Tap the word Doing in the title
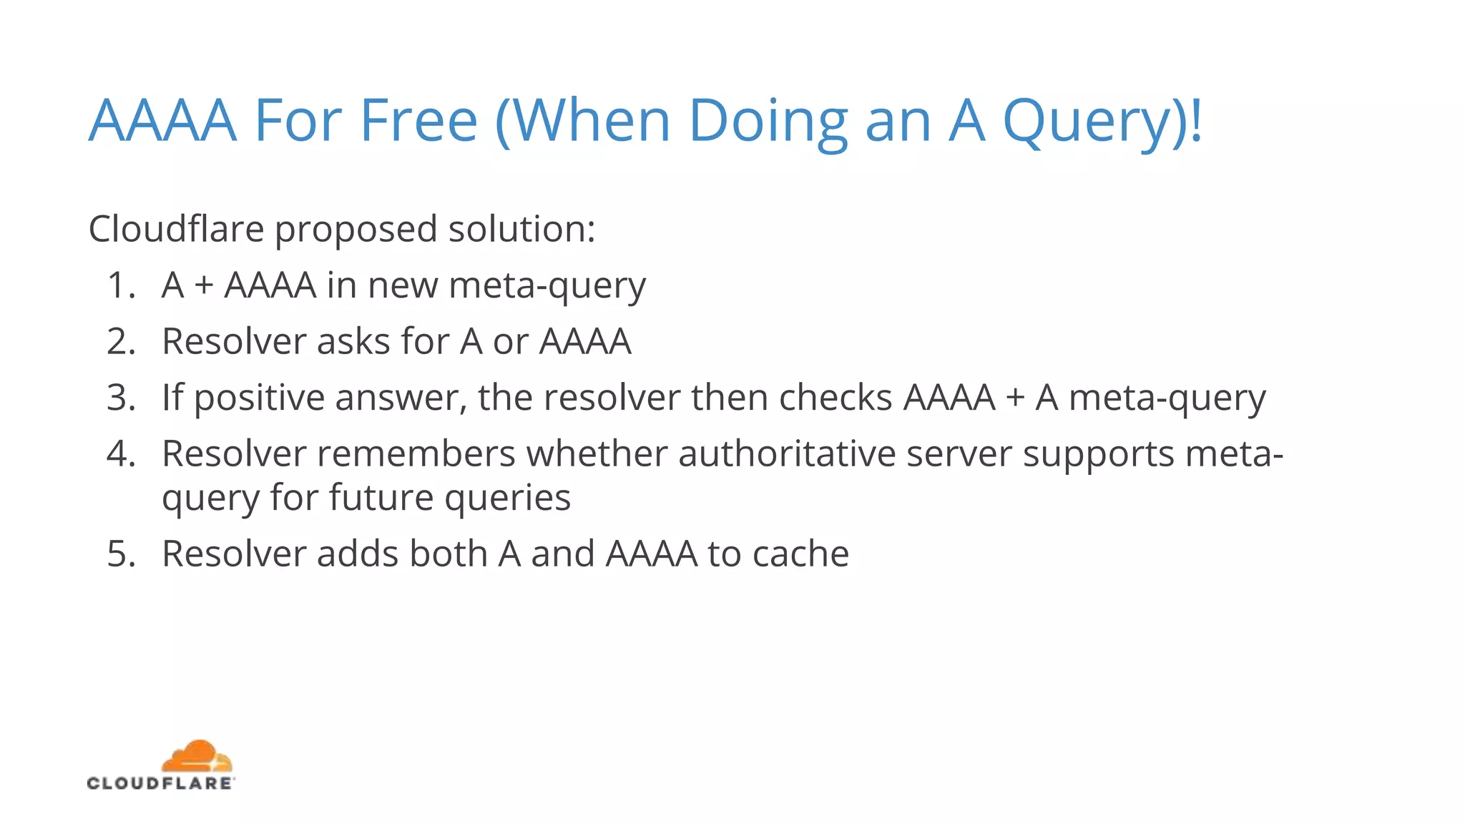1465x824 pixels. click(767, 122)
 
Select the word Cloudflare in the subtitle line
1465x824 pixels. click(176, 229)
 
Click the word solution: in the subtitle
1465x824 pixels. click(521, 229)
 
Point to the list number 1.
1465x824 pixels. click(120, 285)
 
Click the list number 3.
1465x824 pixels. click(120, 397)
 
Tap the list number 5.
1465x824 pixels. click(120, 554)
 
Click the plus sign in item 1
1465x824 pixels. click(204, 286)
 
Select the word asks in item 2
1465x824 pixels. click(353, 341)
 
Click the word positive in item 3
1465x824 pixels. click(259, 398)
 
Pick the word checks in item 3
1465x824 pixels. click(836, 397)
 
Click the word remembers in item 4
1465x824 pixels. click(416, 453)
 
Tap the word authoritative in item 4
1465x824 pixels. click(787, 453)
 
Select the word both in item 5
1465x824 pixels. click(448, 554)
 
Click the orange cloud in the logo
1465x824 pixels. click(197, 757)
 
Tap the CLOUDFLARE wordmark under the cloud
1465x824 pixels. click(160, 783)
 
